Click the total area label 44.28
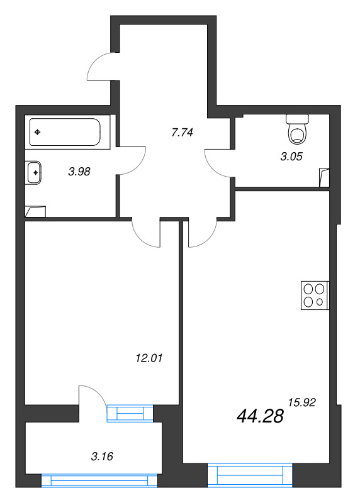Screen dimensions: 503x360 coord(261,416)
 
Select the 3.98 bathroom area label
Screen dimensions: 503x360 coord(79,170)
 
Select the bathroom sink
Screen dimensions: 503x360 coord(35,172)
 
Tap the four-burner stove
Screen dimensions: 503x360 coord(314,296)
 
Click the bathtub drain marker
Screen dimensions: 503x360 coord(39,132)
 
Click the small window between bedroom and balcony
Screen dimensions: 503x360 coord(130,412)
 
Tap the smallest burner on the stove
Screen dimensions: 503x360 coord(320,302)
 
